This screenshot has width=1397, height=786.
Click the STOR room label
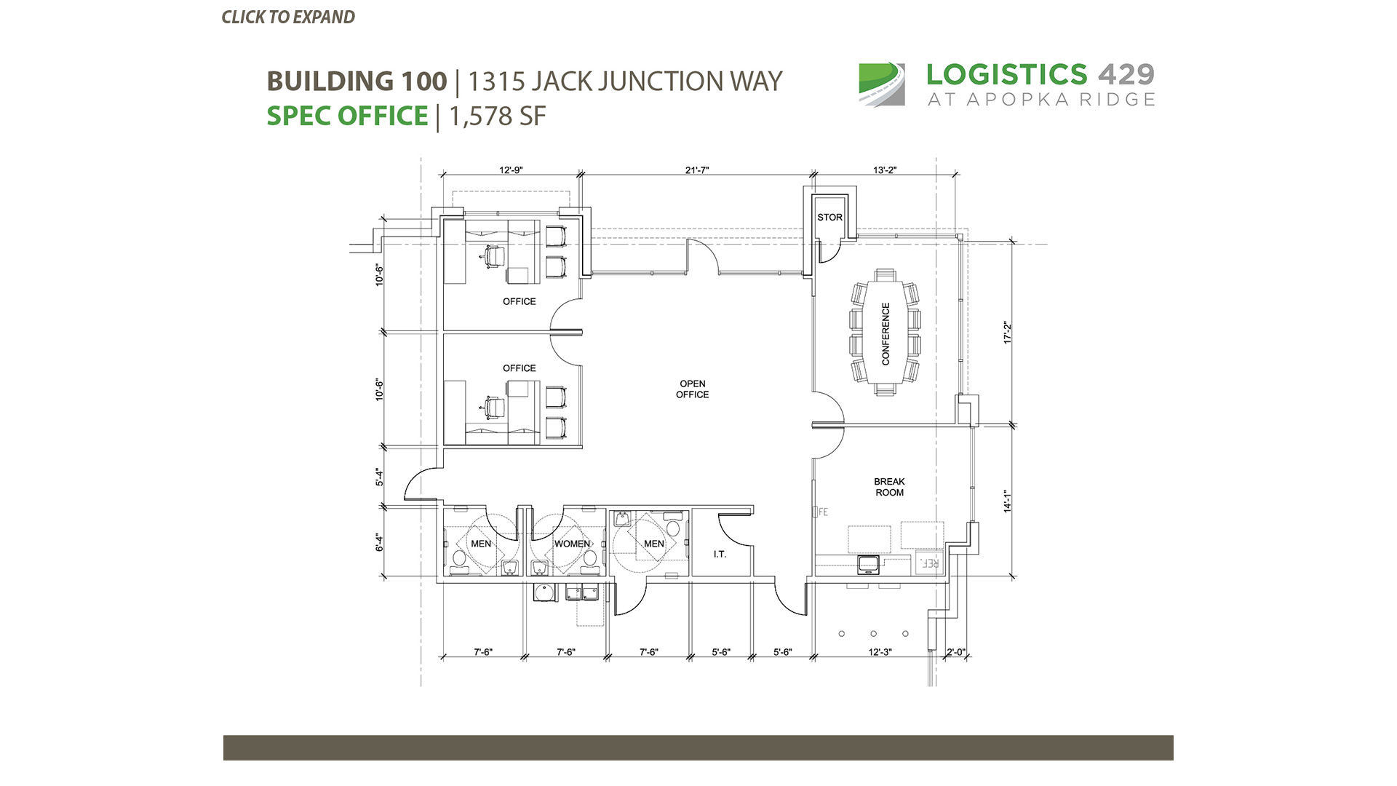[829, 217]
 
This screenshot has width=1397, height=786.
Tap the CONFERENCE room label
[885, 334]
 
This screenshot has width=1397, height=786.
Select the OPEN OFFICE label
[692, 389]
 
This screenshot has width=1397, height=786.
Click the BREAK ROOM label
[889, 487]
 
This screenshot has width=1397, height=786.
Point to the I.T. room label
[720, 555]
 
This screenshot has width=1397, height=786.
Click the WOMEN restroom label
[572, 544]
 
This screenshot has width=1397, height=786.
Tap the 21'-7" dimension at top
[696, 170]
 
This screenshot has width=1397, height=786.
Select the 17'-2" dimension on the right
[1008, 333]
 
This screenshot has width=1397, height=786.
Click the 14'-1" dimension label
[1008, 501]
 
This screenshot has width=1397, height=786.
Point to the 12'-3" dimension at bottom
[880, 652]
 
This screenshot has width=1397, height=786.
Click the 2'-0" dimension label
[955, 652]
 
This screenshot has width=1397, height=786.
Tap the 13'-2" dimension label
[885, 170]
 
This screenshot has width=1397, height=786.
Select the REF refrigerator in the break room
[929, 563]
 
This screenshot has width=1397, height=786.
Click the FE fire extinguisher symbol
[821, 512]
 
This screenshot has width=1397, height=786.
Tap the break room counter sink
[868, 564]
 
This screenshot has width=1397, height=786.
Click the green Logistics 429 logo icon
[882, 84]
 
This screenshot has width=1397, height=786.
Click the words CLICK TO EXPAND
[288, 17]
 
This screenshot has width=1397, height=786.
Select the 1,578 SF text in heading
[497, 116]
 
